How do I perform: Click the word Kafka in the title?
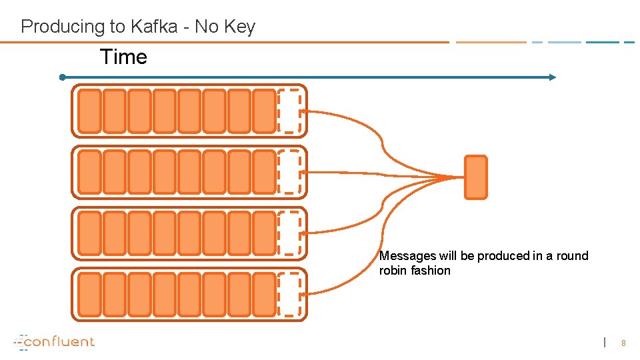(155, 27)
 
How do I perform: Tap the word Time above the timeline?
(123, 57)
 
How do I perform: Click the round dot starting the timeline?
(62, 77)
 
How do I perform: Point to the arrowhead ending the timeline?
(552, 77)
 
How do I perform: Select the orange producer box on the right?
(475, 177)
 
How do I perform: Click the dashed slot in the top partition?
(289, 111)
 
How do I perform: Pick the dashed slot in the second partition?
(289, 172)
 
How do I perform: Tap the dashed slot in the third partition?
(289, 233)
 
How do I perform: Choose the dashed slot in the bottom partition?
(289, 294)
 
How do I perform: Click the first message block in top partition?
(89, 111)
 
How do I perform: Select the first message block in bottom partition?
(89, 294)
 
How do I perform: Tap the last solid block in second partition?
(264, 172)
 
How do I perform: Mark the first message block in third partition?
(89, 233)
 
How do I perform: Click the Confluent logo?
(55, 342)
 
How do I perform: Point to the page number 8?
(623, 343)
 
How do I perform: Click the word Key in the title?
(241, 27)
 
